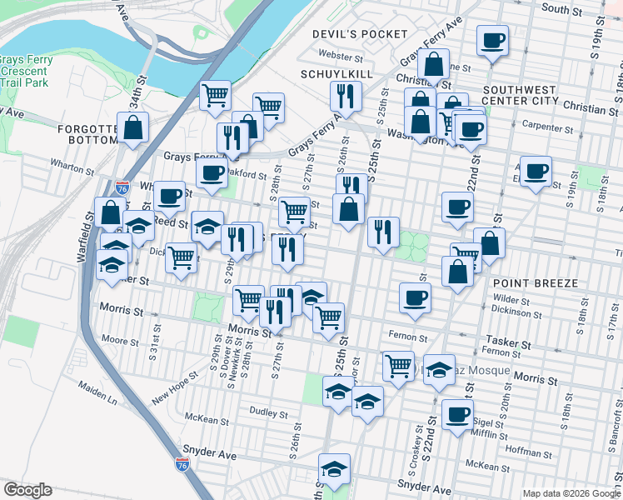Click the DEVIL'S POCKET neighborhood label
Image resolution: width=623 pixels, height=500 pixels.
tap(360, 34)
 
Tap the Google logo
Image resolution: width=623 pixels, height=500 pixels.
tap(27, 489)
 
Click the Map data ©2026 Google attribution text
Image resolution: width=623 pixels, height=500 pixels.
tap(571, 493)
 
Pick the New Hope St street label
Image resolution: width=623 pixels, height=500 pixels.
tap(175, 387)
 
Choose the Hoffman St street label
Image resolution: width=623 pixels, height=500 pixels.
tap(523, 450)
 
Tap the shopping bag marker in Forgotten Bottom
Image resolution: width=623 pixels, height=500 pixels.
tap(133, 128)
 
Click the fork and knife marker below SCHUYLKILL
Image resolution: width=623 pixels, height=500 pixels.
tap(343, 97)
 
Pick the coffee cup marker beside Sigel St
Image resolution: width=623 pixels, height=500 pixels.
tap(456, 414)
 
